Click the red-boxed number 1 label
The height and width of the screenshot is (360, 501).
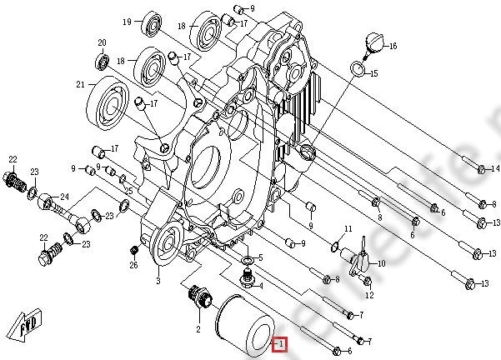(281, 342)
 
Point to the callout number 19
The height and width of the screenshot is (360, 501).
(128, 21)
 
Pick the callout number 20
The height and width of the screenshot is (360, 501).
(102, 42)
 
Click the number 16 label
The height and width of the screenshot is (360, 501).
(393, 46)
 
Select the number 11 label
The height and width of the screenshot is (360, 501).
(348, 229)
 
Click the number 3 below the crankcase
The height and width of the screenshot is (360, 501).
(158, 281)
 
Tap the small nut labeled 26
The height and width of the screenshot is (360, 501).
(133, 251)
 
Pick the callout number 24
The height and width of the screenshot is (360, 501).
(63, 197)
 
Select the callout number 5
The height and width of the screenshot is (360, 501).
(260, 258)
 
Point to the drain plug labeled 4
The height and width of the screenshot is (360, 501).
(247, 274)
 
